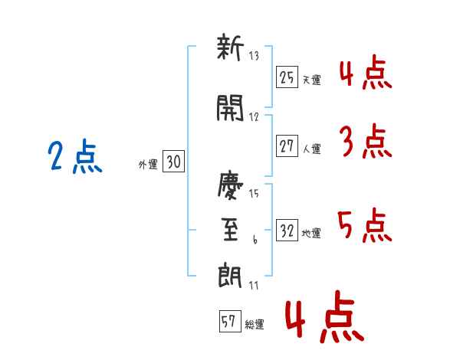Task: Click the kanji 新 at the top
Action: [x=230, y=51]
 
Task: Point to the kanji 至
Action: [x=230, y=231]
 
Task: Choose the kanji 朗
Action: [x=230, y=273]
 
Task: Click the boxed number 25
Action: [x=287, y=78]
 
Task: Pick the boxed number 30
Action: [x=174, y=162]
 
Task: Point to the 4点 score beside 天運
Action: [x=365, y=74]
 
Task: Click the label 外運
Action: [x=148, y=164]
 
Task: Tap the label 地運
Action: [x=312, y=234]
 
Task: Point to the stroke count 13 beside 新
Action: [x=255, y=54]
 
